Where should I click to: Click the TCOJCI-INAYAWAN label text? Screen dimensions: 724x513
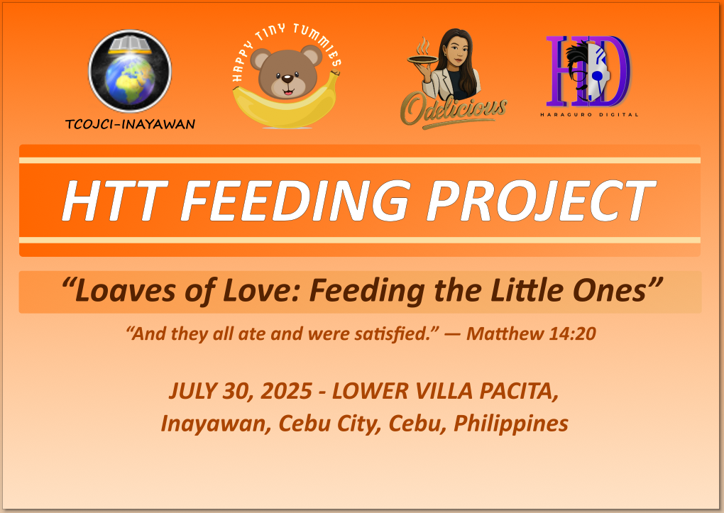point(130,124)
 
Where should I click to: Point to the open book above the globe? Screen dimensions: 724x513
point(130,44)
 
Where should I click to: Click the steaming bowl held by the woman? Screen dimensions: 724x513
point(422,59)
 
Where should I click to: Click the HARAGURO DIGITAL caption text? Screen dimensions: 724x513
point(589,114)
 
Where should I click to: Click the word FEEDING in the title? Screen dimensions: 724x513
point(295,201)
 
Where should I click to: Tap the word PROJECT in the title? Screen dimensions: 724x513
point(541,201)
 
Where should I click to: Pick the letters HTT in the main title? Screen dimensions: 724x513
point(114,201)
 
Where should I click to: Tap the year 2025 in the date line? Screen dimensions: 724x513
point(287,391)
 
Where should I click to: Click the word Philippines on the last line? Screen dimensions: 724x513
point(511,424)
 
